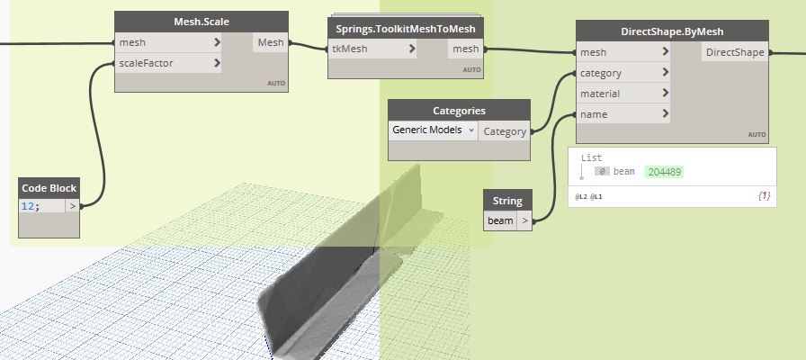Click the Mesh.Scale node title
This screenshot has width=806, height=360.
coord(201,22)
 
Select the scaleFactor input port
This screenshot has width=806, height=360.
coord(168,63)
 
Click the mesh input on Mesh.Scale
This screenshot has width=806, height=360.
coord(168,42)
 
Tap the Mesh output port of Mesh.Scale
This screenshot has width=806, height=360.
coord(271,42)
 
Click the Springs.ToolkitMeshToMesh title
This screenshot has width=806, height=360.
coord(406,29)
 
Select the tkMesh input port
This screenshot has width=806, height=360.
coord(372,49)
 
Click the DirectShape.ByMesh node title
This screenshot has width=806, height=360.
coord(672,31)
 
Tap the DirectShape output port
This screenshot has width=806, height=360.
coord(735,52)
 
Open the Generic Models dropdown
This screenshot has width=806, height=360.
coord(433,130)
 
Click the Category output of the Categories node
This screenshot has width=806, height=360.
coord(505,131)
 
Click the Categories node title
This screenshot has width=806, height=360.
coord(459,111)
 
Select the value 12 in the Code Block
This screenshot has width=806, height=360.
coord(26,206)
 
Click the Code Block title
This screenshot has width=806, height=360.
coord(49,188)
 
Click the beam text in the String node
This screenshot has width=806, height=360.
coord(500,220)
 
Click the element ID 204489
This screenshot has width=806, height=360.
coord(664,172)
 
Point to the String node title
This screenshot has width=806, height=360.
coord(507,201)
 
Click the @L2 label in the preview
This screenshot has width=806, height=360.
coord(581,196)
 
